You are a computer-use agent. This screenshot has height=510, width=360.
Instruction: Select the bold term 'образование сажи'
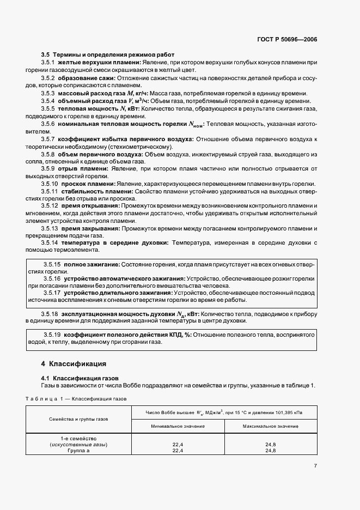(87, 78)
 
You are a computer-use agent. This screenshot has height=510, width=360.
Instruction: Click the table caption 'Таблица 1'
(41, 399)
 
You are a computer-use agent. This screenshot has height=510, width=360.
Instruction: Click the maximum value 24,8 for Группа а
(270, 451)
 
